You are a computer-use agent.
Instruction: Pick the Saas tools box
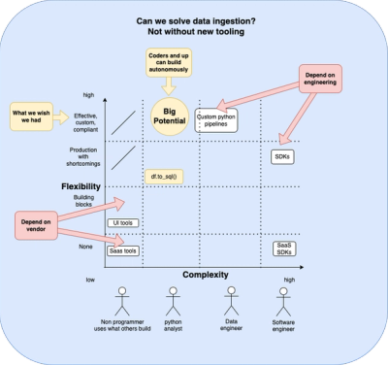tap(122, 250)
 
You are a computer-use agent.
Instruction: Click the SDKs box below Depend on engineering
tap(283, 155)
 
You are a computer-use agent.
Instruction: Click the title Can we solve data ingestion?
tap(193, 20)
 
